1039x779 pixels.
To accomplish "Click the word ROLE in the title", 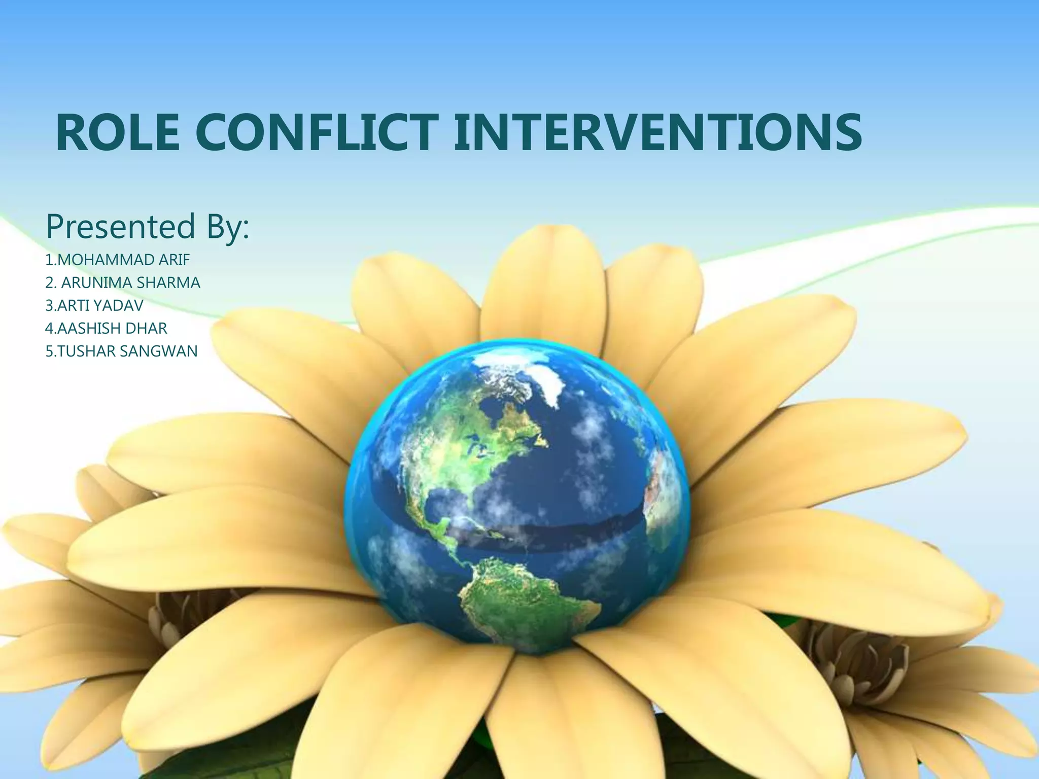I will [x=118, y=132].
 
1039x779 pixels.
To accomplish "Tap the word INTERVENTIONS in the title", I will [x=657, y=132].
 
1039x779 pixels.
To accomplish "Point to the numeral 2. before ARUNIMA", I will [x=51, y=282].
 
